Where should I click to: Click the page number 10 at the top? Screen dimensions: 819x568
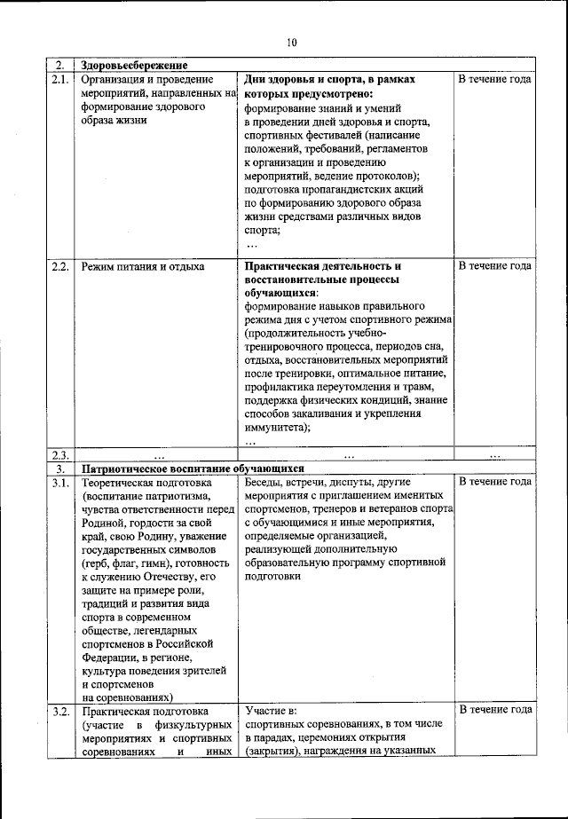pyautogui.click(x=292, y=42)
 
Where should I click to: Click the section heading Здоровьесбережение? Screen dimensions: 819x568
pyautogui.click(x=134, y=66)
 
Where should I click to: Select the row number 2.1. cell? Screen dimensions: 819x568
pyautogui.click(x=59, y=80)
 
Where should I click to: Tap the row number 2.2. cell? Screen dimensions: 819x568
pyautogui.click(x=59, y=266)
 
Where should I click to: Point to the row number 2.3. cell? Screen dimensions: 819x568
pyautogui.click(x=59, y=455)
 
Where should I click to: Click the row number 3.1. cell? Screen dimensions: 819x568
pyautogui.click(x=59, y=482)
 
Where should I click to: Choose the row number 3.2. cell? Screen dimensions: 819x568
pyautogui.click(x=59, y=711)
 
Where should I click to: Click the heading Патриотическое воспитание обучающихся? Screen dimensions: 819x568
pyautogui.click(x=193, y=469)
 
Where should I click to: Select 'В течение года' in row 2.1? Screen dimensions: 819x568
pyautogui.click(x=494, y=80)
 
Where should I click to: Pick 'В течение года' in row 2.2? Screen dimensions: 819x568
pyautogui.click(x=494, y=266)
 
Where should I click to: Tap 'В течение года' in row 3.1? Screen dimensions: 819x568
pyautogui.click(x=494, y=482)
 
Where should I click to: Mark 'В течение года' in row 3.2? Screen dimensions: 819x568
pyautogui.click(x=494, y=711)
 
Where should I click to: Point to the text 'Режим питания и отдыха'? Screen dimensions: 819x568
pyautogui.click(x=142, y=266)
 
